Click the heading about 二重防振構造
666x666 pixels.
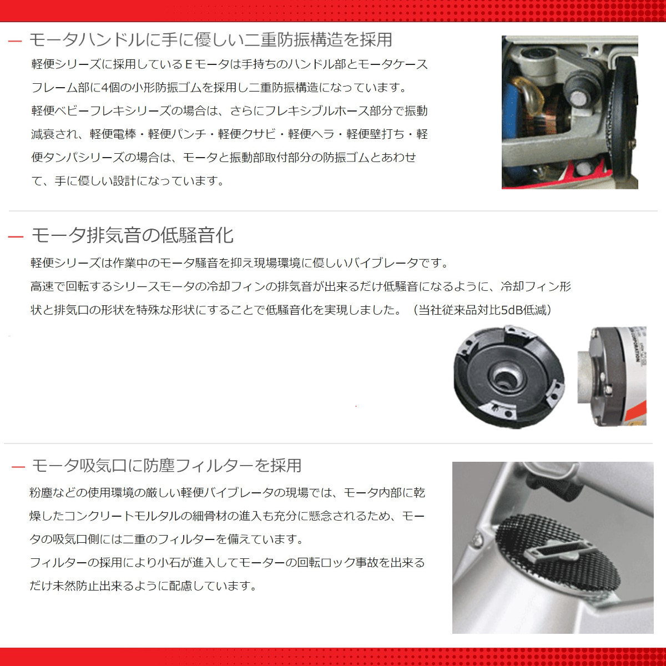tap(210, 39)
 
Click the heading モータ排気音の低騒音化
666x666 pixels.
tap(132, 235)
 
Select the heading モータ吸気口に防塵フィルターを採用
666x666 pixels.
tap(167, 465)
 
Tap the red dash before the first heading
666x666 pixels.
tap(16, 41)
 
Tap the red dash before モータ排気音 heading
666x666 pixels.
tap(16, 237)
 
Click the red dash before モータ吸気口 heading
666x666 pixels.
tap(18, 467)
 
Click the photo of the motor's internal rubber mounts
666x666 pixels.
tap(569, 112)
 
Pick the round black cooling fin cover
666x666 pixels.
tap(508, 377)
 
